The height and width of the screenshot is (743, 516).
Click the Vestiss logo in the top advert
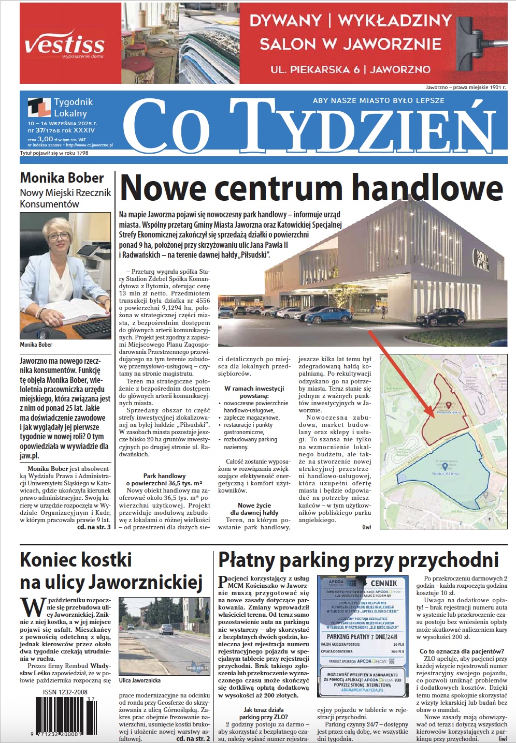[x=65, y=44]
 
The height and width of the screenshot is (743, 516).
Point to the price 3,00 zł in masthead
[x=46, y=139]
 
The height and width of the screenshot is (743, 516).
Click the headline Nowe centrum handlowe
[x=311, y=188]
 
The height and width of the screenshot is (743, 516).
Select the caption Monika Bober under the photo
[x=36, y=344]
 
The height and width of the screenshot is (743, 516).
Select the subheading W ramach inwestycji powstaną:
[x=254, y=392]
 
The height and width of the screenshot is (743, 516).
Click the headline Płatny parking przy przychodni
[x=358, y=560]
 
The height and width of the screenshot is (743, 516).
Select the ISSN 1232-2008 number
[x=65, y=692]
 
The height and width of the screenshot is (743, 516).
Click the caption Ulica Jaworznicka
[x=139, y=680]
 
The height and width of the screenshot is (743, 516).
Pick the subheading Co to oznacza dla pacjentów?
[x=462, y=651]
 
